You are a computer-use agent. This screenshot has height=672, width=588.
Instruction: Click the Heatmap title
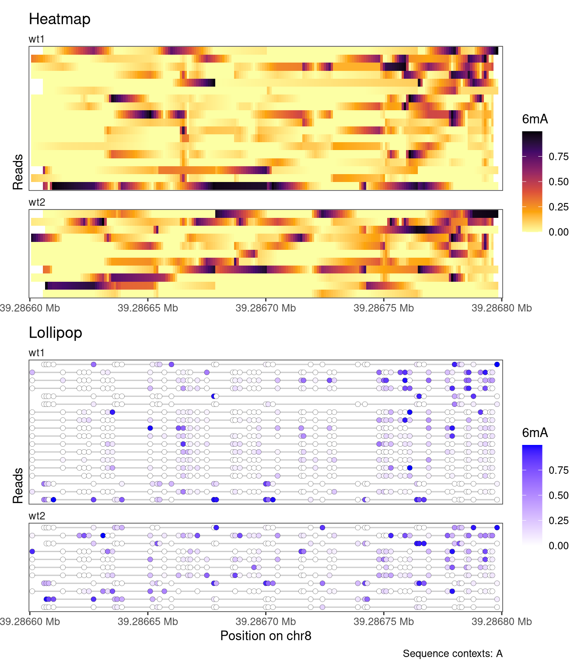coord(59,19)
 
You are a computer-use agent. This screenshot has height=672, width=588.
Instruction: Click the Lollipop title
coord(56,333)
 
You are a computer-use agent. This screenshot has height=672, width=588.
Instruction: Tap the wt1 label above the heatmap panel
coord(37,39)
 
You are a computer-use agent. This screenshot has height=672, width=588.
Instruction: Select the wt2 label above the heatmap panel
coord(37,203)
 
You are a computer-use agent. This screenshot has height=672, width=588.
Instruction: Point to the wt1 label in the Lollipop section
coord(37,353)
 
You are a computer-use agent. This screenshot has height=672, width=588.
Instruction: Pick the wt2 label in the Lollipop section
coord(37,516)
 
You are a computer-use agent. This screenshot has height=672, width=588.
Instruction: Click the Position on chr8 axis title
coord(266,636)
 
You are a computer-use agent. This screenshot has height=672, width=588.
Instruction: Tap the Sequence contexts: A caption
coord(452,654)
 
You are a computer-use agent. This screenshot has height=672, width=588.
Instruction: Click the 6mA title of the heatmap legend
coord(535,119)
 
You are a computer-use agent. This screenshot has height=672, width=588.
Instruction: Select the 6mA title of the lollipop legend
coord(535,433)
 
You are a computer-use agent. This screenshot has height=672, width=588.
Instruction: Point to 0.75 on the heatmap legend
coord(559,157)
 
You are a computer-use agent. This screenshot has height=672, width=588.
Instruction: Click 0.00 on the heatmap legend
coord(559,232)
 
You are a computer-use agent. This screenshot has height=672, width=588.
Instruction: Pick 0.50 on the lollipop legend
coord(559,496)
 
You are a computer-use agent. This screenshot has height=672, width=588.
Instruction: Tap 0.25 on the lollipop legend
coord(559,521)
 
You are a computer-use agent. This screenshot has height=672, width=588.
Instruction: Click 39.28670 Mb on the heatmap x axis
coord(266,308)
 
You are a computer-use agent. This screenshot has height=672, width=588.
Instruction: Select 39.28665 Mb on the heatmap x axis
coord(148,308)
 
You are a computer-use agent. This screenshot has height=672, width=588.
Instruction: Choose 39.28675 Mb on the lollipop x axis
coord(384,622)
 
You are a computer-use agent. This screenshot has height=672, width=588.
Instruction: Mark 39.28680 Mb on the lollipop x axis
coord(501,622)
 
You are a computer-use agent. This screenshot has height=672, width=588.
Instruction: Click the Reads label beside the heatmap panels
coord(18,172)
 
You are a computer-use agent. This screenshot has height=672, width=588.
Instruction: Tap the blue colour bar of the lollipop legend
coord(532,494)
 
